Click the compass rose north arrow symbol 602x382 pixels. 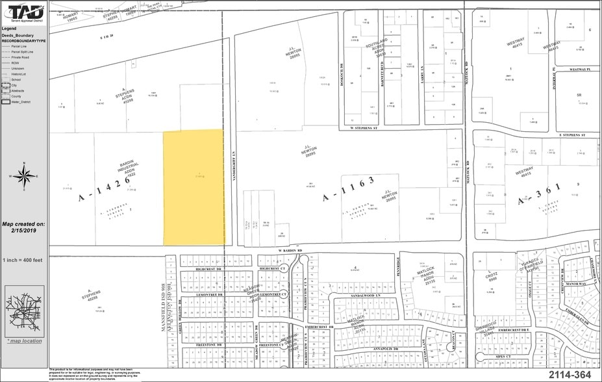point(24,175)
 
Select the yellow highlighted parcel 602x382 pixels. point(194,187)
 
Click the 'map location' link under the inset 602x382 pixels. point(25,341)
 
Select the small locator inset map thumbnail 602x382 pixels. point(24,312)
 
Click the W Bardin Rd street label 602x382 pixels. point(292,250)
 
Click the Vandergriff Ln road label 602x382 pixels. point(232,170)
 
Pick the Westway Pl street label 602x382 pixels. point(578,70)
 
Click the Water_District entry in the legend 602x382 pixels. point(19,102)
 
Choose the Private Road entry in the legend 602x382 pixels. point(20,57)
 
